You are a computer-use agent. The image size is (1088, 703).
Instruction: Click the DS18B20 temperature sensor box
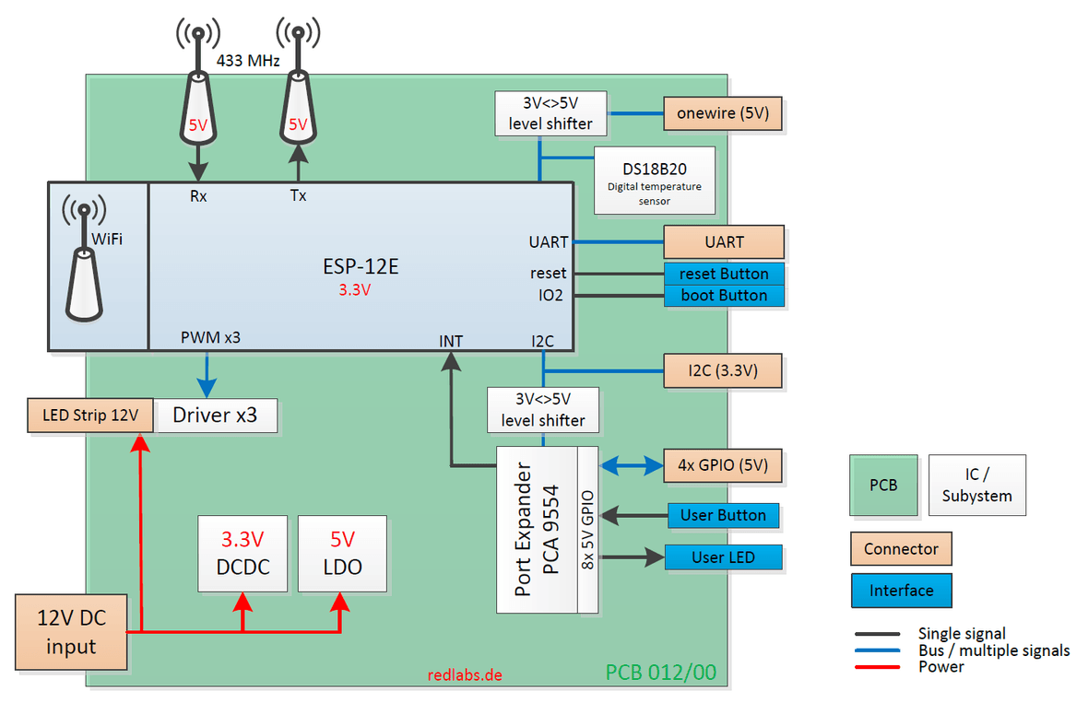point(654,180)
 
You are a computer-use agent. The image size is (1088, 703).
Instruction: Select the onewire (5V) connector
point(723,114)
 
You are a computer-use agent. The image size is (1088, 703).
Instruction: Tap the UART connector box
point(724,242)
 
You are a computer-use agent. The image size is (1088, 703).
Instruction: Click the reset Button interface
point(724,274)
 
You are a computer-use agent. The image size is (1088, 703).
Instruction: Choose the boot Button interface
point(724,296)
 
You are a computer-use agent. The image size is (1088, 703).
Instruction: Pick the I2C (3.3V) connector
point(723,372)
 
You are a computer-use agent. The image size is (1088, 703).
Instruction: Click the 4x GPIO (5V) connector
point(723,465)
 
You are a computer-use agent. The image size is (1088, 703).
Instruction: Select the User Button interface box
point(723,515)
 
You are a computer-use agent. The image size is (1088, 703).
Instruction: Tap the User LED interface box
point(723,557)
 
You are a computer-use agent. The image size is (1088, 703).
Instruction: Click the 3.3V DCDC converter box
point(244,553)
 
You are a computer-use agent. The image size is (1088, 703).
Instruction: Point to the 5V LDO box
point(342,553)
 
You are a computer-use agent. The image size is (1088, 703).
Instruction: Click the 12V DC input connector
point(71,632)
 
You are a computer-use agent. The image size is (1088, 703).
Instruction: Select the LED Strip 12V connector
point(89,416)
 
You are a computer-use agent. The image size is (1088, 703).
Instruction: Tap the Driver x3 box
point(216,416)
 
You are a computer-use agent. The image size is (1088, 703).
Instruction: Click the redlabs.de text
point(466,674)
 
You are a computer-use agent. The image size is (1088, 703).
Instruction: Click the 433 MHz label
point(248,61)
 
